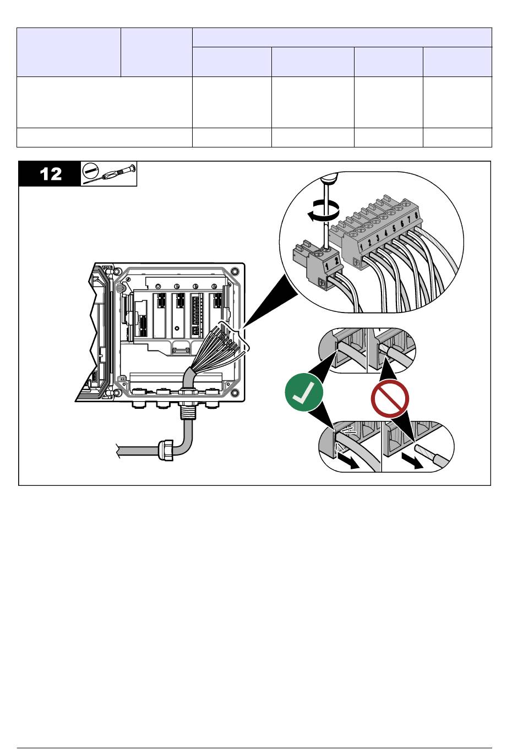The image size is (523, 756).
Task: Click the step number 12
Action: pos(50,174)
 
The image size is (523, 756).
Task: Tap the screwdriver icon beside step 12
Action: pos(108,173)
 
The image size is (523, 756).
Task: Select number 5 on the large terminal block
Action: pos(394,231)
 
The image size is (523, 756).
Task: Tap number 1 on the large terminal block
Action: pos(361,246)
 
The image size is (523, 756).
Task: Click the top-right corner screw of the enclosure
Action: pos(235,271)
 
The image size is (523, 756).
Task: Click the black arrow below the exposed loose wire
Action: pos(412,461)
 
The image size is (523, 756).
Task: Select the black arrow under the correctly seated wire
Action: pos(348,461)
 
